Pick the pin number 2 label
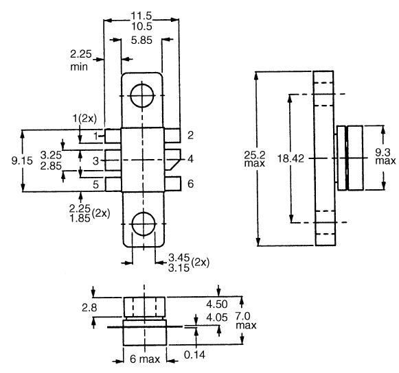(190, 135)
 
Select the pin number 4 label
(190, 160)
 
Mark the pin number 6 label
(190, 184)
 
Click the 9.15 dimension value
(13, 160)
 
